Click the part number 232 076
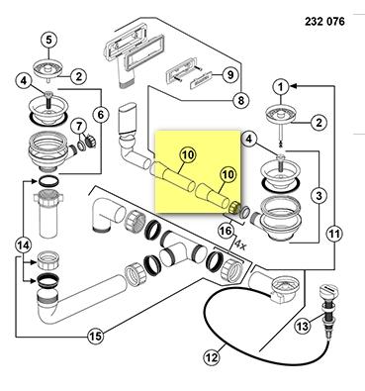(324, 22)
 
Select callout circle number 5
(48, 40)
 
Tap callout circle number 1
(281, 87)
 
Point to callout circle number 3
(319, 196)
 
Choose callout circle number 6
(101, 115)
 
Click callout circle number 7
(78, 127)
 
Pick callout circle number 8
(241, 99)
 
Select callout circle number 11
(334, 234)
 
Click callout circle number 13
(303, 326)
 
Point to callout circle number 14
(24, 245)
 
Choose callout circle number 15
(96, 337)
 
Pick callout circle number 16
(226, 231)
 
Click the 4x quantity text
(240, 244)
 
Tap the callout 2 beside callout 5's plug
(78, 76)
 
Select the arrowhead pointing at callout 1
(294, 86)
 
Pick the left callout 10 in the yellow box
(188, 154)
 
